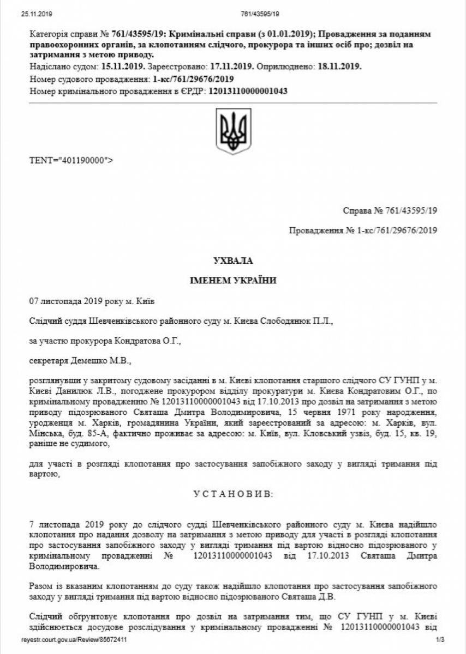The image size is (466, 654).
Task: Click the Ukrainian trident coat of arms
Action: (x=234, y=131)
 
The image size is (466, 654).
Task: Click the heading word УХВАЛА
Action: (x=233, y=261)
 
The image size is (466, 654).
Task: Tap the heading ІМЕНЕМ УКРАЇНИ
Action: (x=233, y=281)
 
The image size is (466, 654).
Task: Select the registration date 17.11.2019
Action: (x=230, y=66)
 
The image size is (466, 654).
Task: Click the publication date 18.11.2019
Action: (x=339, y=66)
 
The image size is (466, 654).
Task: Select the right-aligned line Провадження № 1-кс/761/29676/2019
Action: (x=363, y=231)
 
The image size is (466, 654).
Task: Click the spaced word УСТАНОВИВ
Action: (x=232, y=494)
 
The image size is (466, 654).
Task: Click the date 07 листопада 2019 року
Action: (x=70, y=301)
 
